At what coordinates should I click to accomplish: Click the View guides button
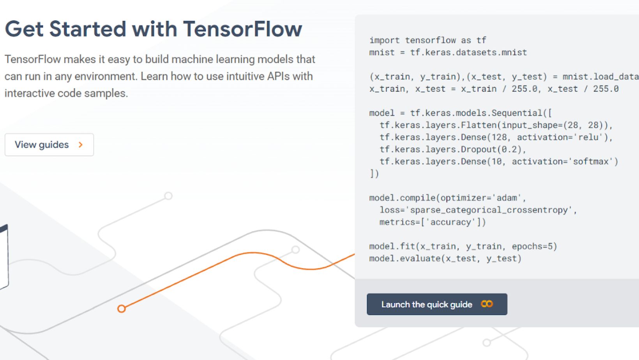[x=49, y=145]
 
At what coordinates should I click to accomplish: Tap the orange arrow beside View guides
[x=81, y=145]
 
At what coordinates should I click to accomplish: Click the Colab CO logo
[x=487, y=304]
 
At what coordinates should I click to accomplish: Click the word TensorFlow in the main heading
[x=242, y=29]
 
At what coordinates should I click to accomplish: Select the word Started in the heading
[x=88, y=29]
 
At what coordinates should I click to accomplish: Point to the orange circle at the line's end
[x=122, y=309]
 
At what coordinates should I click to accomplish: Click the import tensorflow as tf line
[x=427, y=40]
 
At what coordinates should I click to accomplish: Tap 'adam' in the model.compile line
[x=507, y=198]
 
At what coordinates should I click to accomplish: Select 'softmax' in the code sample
[x=591, y=161]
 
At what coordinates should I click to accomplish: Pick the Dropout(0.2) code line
[x=453, y=150]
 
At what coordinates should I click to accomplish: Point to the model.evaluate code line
[x=445, y=258]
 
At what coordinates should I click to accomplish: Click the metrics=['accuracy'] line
[x=432, y=222]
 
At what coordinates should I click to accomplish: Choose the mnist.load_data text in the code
[x=601, y=77]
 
